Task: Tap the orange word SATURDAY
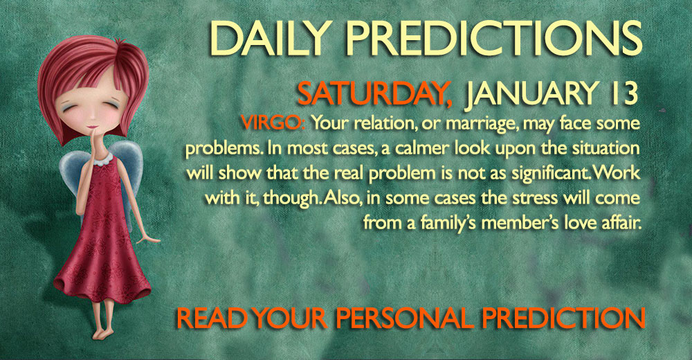click(374, 93)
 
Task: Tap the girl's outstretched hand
click(149, 240)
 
